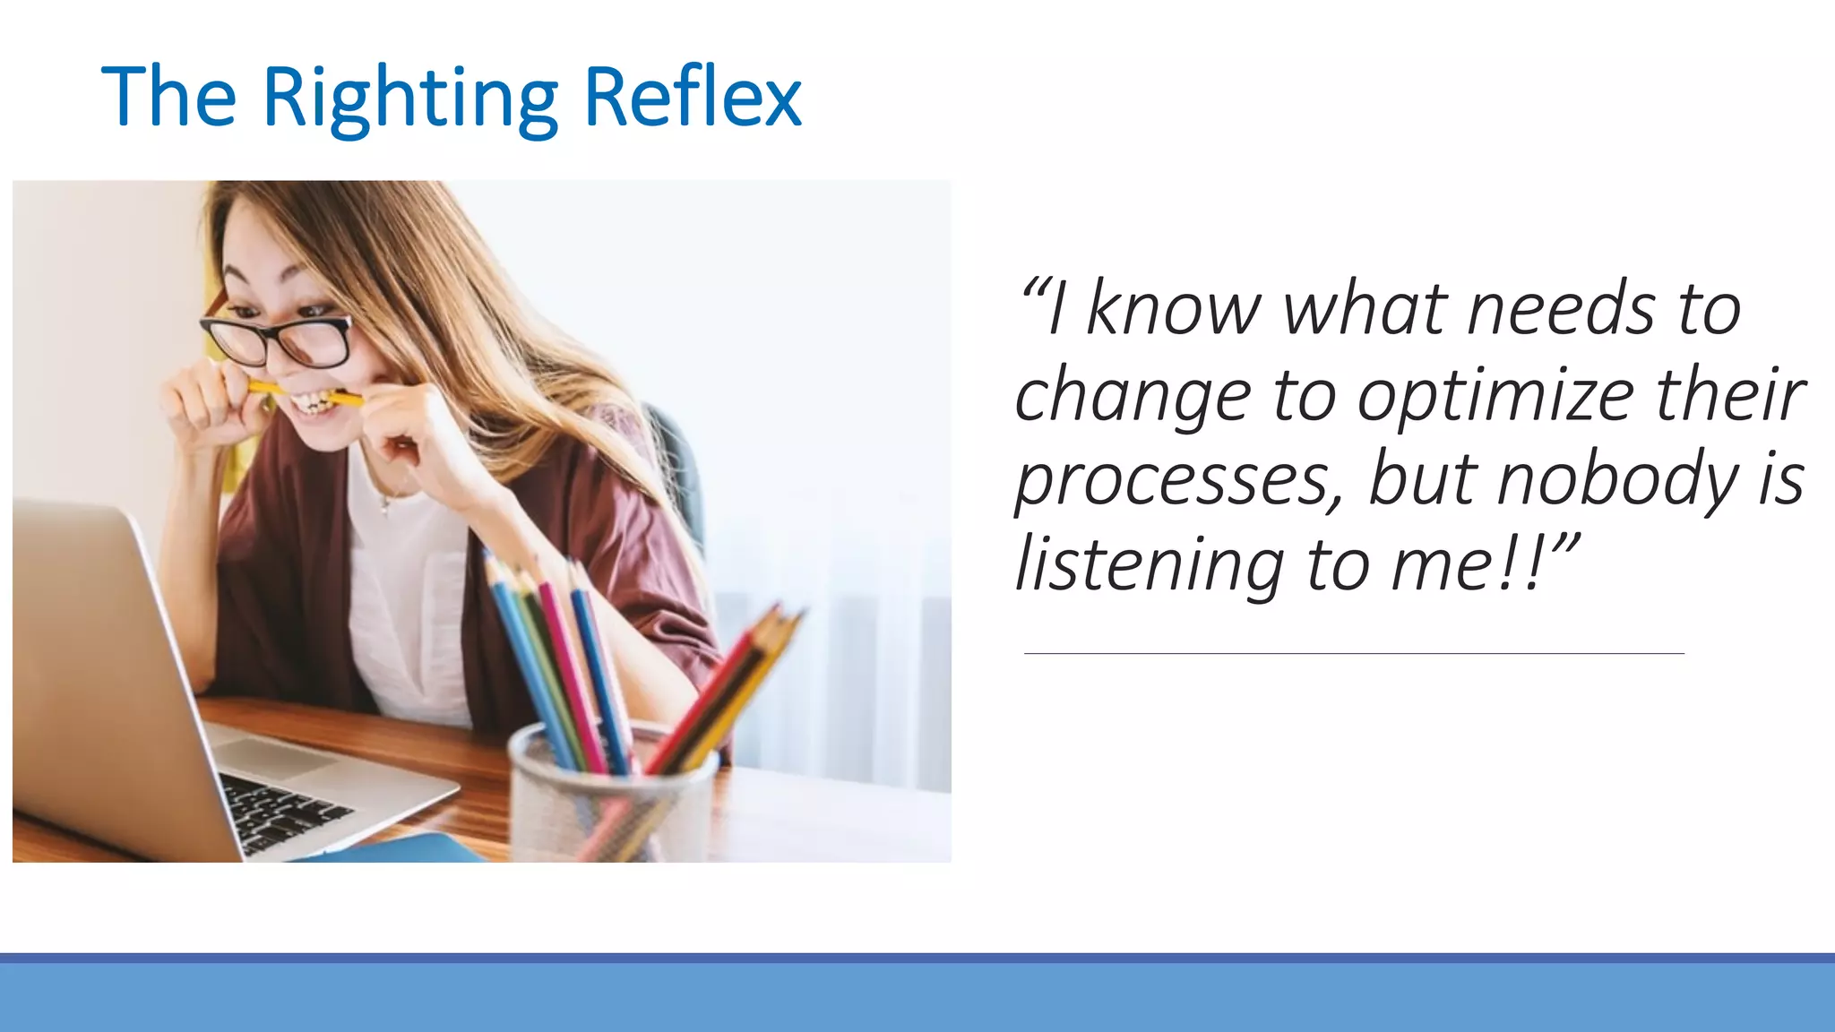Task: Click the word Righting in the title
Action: [409, 99]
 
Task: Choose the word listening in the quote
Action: [1150, 565]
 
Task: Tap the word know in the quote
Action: [1174, 310]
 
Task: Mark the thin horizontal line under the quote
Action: [1353, 654]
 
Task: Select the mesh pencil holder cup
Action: [609, 797]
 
